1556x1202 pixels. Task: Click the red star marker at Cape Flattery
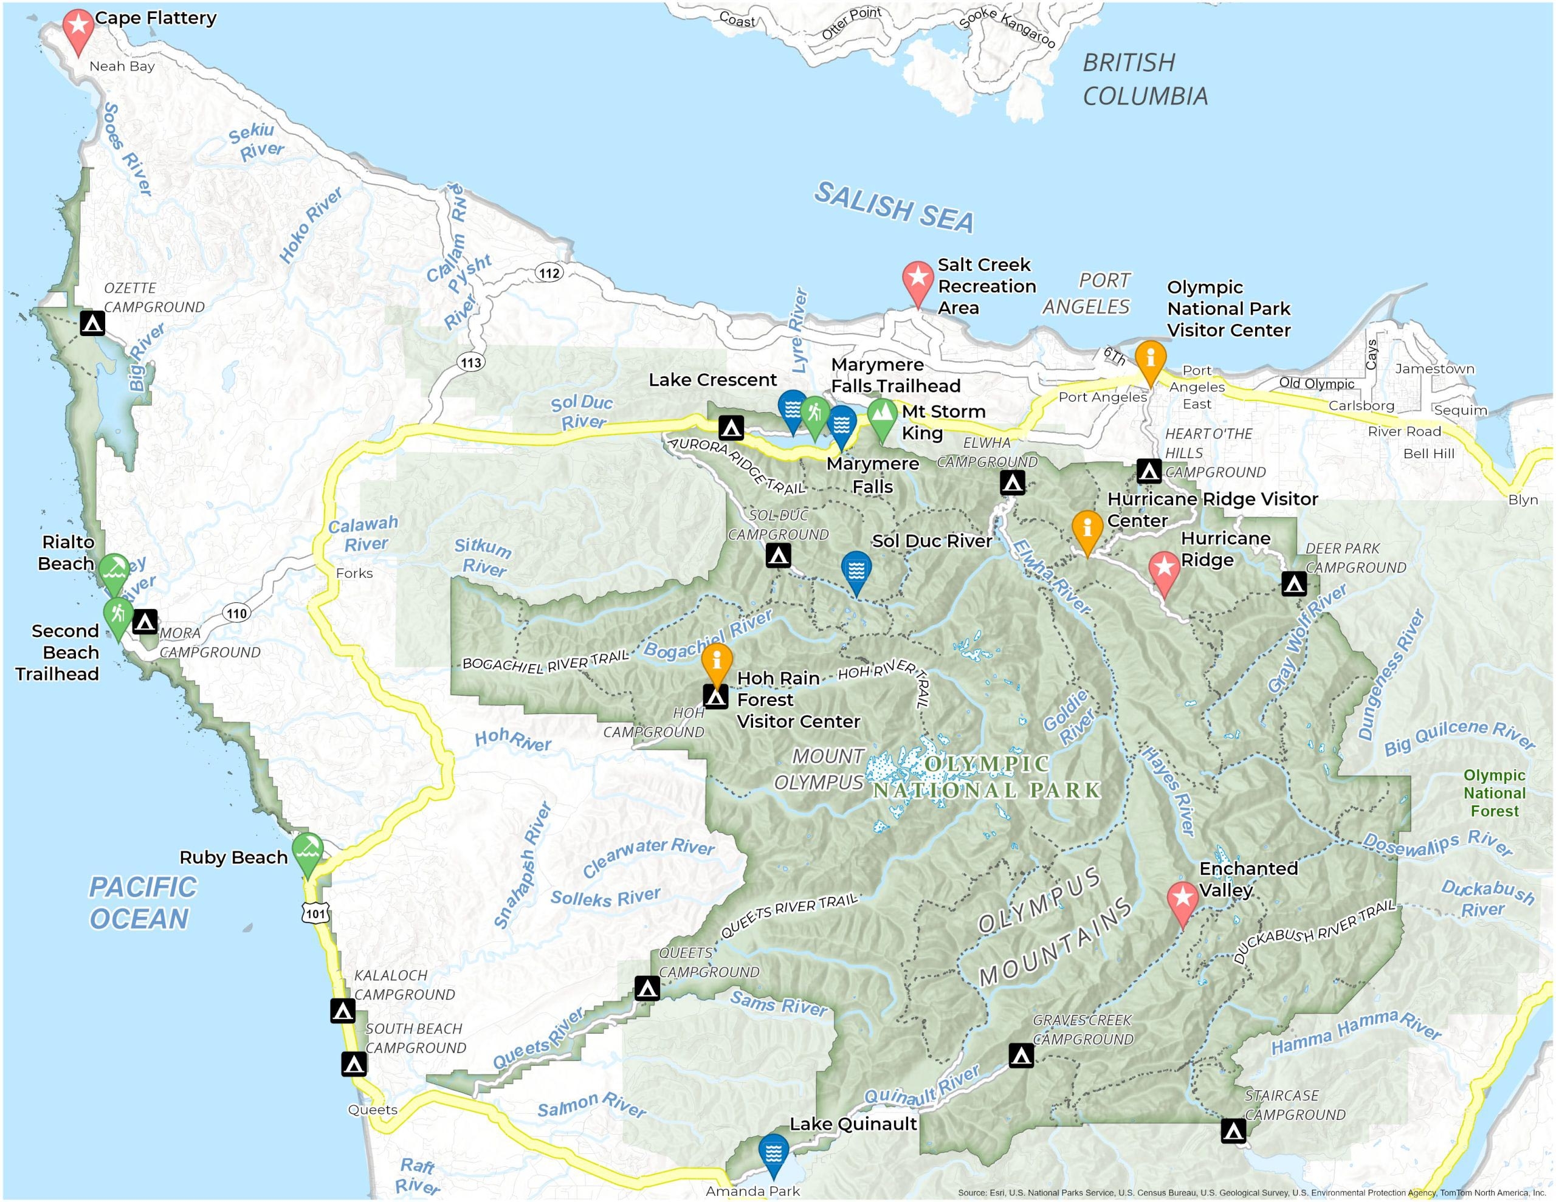point(78,26)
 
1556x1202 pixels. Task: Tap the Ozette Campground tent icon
point(92,323)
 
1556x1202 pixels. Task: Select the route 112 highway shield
point(549,273)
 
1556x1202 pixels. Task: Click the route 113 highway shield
point(471,363)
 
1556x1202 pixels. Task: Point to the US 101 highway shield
point(315,913)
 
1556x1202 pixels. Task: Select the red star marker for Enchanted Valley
point(1183,898)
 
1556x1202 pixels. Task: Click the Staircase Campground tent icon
point(1233,1130)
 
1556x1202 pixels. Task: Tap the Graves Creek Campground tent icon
point(1021,1055)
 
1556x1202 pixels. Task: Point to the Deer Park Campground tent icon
point(1294,584)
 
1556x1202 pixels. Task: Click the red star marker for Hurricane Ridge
point(1164,568)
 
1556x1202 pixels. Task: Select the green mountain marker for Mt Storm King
point(882,413)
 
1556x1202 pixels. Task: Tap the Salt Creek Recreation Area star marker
point(918,278)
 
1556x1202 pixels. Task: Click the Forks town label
point(354,573)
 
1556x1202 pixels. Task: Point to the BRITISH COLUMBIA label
point(1145,79)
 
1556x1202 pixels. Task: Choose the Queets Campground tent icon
point(647,988)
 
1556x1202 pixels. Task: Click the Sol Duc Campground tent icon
point(778,555)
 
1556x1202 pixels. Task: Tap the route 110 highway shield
point(236,613)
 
